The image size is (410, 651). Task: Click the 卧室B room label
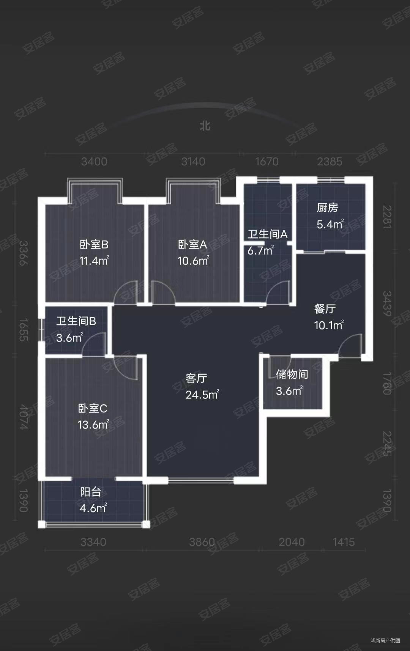(94, 245)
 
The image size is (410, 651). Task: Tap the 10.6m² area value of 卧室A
(193, 261)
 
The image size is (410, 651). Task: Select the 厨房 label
(327, 208)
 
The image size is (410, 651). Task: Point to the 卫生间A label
(268, 234)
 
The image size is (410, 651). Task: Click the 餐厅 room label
(325, 309)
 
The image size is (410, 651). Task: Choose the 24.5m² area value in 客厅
(202, 395)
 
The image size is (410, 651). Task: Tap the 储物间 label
(292, 375)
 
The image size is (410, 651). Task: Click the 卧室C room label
(93, 409)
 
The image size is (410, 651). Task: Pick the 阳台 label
(91, 492)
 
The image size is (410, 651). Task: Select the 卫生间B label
(76, 321)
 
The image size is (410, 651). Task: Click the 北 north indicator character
(205, 126)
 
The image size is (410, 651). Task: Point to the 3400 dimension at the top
(94, 162)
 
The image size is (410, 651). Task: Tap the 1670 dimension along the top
(267, 162)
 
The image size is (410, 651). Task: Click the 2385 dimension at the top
(330, 162)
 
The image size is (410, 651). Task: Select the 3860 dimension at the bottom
(202, 542)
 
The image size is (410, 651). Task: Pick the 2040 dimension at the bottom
(292, 542)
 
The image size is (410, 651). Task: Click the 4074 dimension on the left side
(24, 417)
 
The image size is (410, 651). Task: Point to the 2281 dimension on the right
(386, 217)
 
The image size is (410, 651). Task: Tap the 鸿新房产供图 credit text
(385, 640)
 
